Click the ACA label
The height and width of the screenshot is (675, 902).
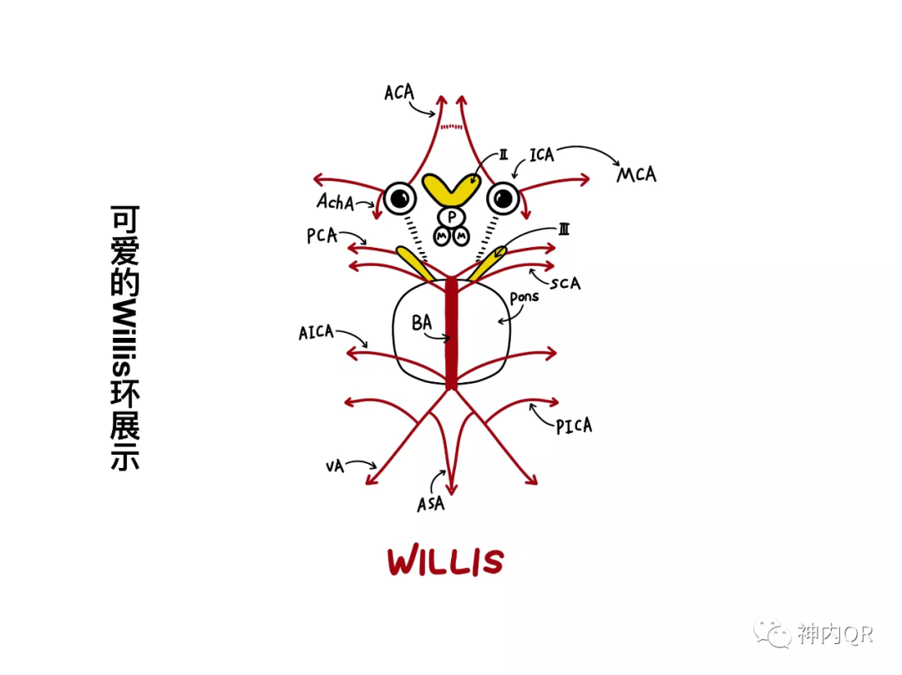coord(399,92)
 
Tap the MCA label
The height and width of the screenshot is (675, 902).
coord(636,175)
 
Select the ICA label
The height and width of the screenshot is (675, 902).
coord(541,155)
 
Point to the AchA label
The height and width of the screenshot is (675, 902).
coord(335,201)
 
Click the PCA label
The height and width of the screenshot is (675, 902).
coord(322,236)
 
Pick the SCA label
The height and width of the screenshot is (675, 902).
coord(565,283)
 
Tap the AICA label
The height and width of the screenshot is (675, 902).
coord(316,333)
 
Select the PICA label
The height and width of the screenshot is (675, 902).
coord(574,426)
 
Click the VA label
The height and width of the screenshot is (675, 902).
coord(335,466)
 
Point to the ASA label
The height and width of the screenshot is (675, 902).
coord(431,504)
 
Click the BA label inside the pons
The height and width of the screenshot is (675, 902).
coord(422,323)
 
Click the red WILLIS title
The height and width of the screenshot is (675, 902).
coord(445,562)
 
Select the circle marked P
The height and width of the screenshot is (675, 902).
coord(452,217)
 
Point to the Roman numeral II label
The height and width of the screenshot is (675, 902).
coord(504,154)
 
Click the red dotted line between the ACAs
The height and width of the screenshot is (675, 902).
coord(451,127)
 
